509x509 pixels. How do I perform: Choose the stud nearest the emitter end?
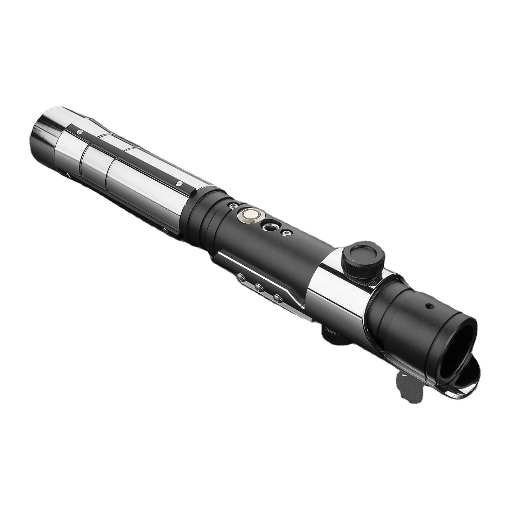[x=278, y=298]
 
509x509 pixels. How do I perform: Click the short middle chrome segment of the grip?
[x=95, y=162]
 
